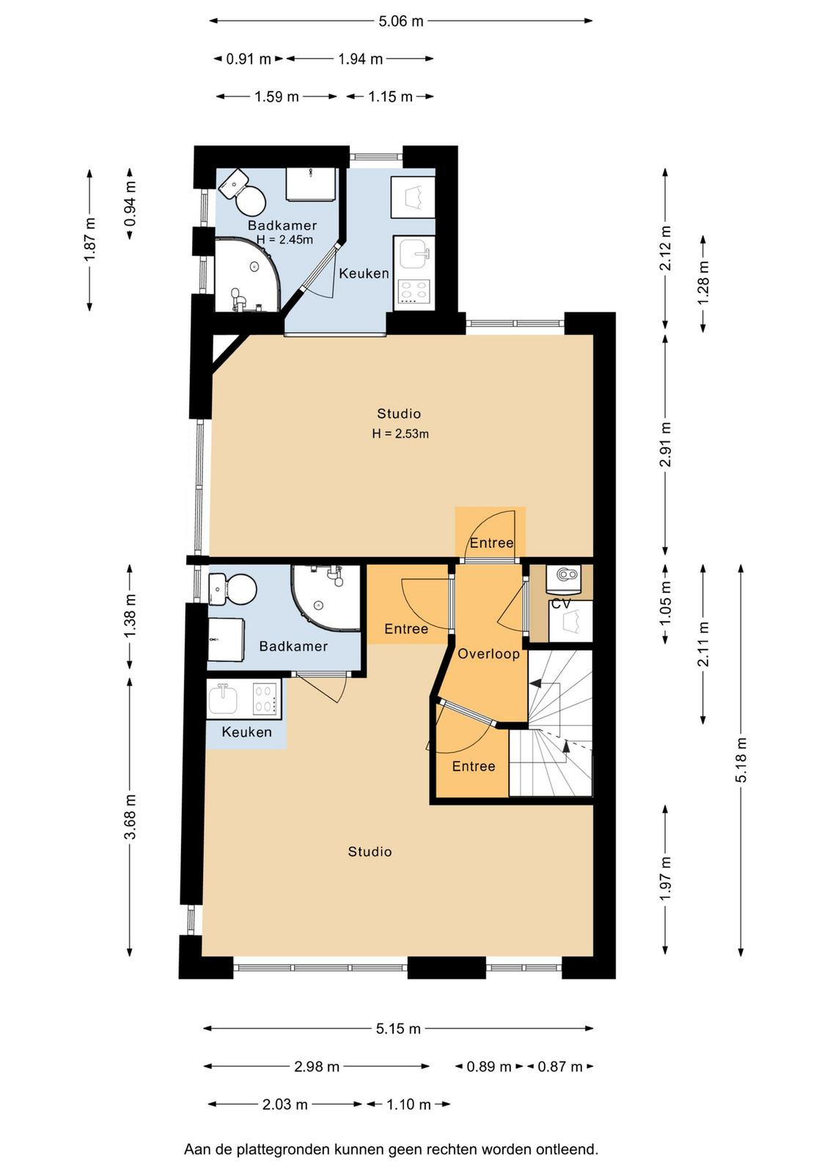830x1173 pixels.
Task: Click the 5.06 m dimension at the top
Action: tap(400, 21)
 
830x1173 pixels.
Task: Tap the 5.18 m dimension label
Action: tap(741, 760)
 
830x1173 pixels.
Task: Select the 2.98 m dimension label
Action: tap(317, 1067)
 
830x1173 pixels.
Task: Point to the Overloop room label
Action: tap(488, 653)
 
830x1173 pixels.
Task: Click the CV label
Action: tap(562, 604)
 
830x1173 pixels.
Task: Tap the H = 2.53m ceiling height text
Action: tap(400, 433)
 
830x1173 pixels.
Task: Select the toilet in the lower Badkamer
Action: tap(232, 589)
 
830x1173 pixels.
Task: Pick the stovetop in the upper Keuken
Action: tap(414, 291)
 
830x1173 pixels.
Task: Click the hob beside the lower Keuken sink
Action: tap(266, 699)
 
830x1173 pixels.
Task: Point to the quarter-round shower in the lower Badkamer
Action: tap(326, 598)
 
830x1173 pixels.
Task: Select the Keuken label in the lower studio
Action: tap(246, 732)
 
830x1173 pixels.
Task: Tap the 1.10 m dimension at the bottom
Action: tap(408, 1104)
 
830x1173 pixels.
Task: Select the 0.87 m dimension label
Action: tap(559, 1067)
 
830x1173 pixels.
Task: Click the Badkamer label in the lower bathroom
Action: tap(293, 646)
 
